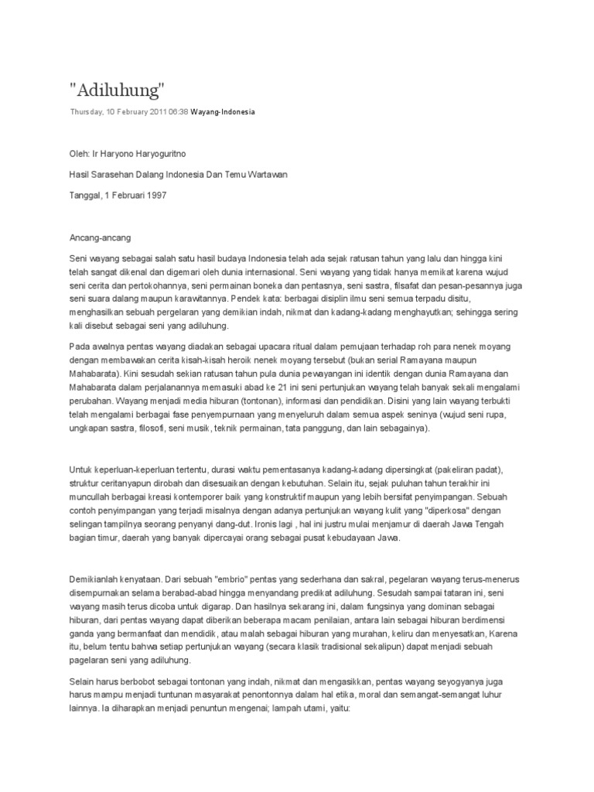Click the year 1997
155,195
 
